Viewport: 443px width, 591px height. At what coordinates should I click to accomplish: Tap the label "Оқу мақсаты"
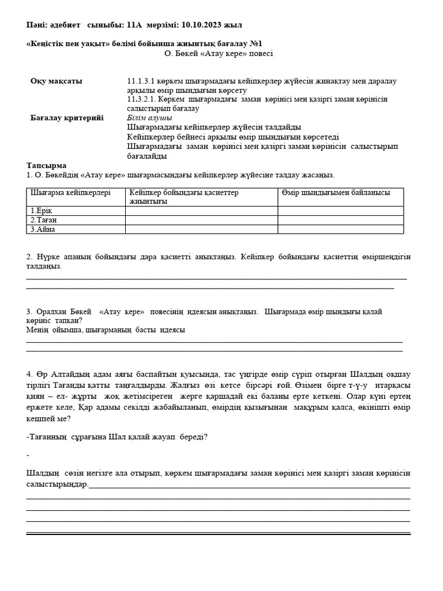click(57, 81)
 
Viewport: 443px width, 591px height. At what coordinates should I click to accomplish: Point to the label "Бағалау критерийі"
click(67, 117)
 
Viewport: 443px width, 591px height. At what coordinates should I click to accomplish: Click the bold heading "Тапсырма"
click(46, 165)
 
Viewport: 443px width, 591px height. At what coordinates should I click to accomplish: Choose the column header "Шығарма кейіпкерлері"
click(70, 193)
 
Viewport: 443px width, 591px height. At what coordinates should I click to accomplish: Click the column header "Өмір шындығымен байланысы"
click(336, 193)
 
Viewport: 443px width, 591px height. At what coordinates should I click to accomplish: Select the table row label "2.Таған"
click(43, 220)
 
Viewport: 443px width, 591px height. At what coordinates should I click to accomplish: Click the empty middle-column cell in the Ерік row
click(201, 211)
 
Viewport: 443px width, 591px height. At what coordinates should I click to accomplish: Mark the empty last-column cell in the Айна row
click(340, 229)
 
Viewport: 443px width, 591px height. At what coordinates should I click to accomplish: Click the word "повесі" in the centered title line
click(261, 54)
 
